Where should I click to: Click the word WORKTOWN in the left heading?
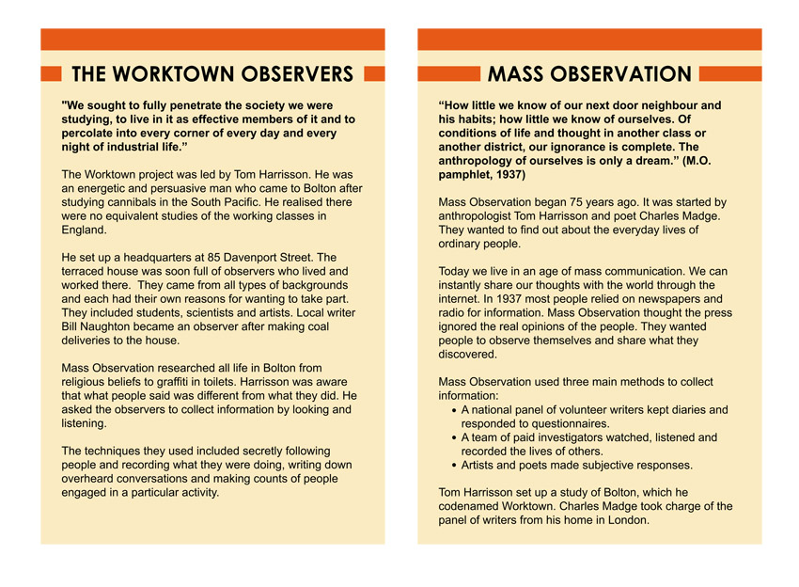pyautogui.click(x=177, y=74)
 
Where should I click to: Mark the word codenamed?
pyautogui.click(x=476, y=506)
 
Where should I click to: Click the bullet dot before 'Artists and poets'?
pyautogui.click(x=455, y=465)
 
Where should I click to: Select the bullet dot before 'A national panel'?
pyautogui.click(x=455, y=410)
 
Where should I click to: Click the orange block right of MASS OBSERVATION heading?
pyautogui.click(x=729, y=73)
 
